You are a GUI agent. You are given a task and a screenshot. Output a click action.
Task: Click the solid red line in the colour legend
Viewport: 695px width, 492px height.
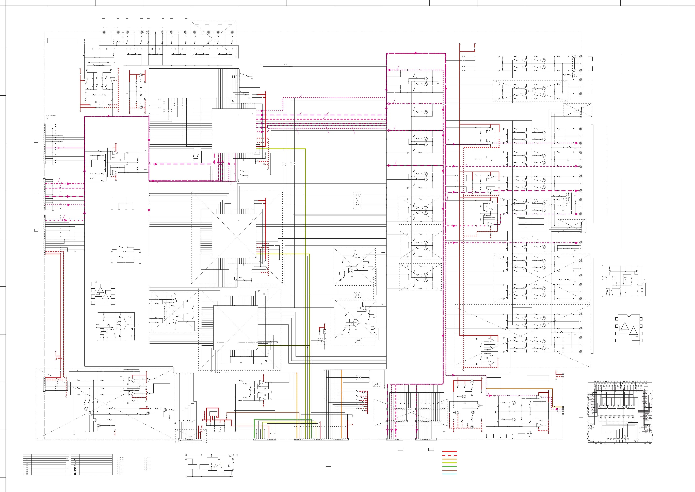tap(449, 452)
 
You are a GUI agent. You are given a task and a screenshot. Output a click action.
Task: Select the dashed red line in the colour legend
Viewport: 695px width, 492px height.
tap(449, 455)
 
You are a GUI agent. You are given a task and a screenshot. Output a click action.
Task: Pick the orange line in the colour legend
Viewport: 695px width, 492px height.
tap(449, 459)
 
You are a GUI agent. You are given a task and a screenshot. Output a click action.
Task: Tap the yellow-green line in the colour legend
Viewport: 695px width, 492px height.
tap(449, 463)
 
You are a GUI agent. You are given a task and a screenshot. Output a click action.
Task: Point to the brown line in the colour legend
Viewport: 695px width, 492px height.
tap(449, 470)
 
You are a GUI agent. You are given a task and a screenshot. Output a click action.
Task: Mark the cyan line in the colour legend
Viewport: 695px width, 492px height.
tap(449, 474)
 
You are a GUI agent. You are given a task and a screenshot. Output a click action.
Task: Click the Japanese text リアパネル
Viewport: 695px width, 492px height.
tap(51, 115)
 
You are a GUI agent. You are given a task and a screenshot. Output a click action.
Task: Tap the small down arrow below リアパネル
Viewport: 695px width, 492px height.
tap(47, 118)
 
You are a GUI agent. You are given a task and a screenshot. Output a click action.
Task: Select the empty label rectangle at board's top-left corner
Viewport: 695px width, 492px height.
tap(62, 40)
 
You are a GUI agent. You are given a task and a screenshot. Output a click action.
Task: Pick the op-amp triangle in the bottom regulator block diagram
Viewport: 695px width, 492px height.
tap(216, 466)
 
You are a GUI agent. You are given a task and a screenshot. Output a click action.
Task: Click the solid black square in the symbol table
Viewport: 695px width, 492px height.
tap(75, 474)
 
